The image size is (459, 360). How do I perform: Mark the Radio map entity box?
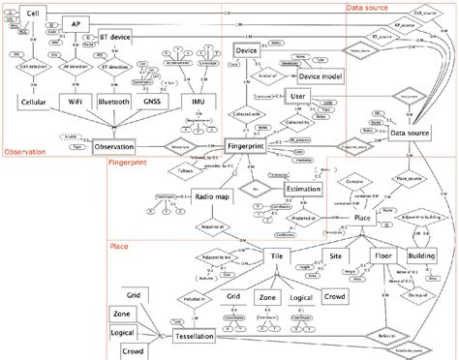pos(212,197)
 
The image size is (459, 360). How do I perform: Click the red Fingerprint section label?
pos(128,165)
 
